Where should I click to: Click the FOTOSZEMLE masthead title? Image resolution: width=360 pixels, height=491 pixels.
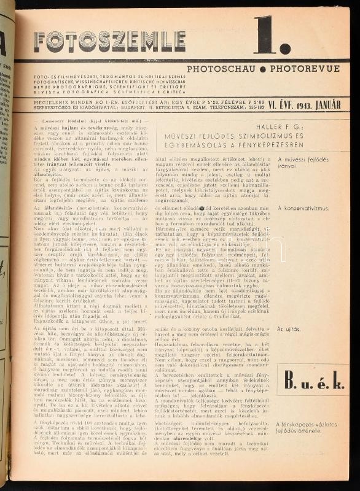click(101, 41)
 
